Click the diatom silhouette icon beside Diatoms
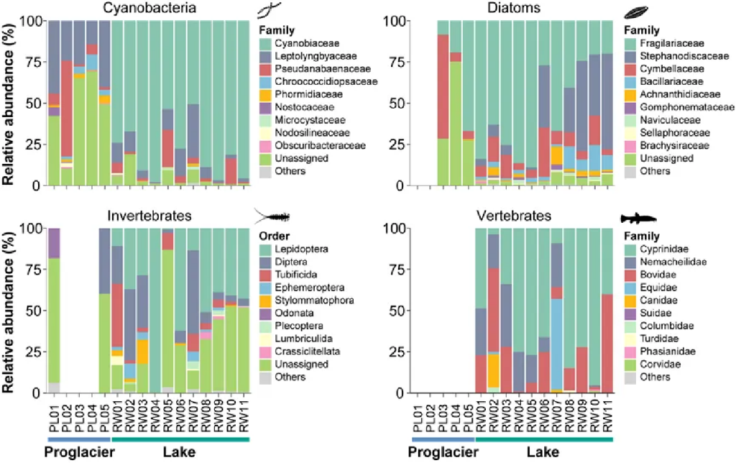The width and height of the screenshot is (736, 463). tap(637, 12)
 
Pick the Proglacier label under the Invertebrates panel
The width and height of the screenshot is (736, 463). tap(78, 453)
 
